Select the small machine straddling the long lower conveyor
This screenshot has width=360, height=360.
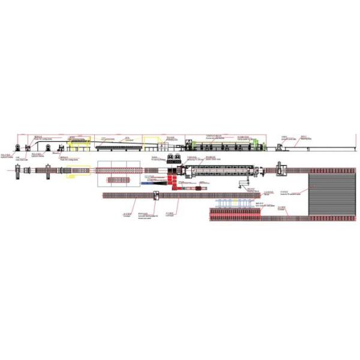tap(157, 195)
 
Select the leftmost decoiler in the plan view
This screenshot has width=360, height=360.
tap(18, 172)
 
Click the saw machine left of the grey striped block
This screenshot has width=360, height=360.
tap(280, 170)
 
